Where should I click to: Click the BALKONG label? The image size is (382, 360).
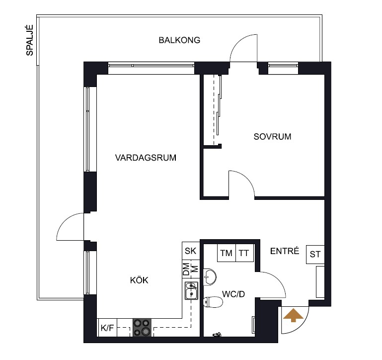tap(179, 40)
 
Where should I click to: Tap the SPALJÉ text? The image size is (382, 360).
tap(30, 40)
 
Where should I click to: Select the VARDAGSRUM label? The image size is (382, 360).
tap(146, 158)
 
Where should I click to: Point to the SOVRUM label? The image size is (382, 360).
tap(272, 137)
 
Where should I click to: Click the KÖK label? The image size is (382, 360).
tap(139, 280)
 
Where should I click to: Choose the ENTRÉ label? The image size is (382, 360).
tap(285, 251)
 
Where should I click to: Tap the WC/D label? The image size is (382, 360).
tap(233, 294)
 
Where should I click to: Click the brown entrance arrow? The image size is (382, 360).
tap(293, 315)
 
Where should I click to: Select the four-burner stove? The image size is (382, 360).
tap(142, 328)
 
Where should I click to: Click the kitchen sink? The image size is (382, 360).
tap(191, 290)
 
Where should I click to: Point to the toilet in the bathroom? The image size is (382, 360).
tap(213, 302)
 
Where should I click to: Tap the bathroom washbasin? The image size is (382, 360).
tap(210, 277)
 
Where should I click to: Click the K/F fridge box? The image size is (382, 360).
tap(107, 328)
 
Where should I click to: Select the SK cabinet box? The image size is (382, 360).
tap(191, 251)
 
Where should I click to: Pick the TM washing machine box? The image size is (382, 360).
tap(227, 253)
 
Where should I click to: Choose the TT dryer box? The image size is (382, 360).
tap(244, 253)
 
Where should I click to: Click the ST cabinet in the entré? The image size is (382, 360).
tap(315, 255)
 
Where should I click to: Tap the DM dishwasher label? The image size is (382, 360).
tap(186, 269)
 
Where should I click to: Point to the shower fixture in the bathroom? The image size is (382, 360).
tap(217, 334)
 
